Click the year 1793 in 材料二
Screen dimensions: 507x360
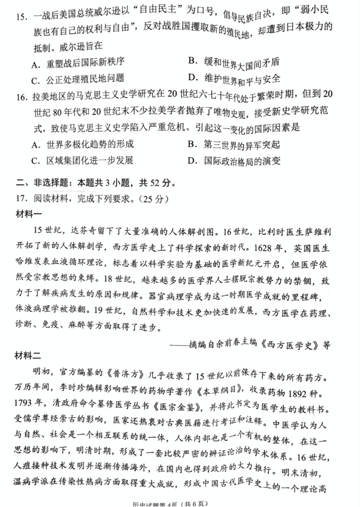click(x=29, y=404)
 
